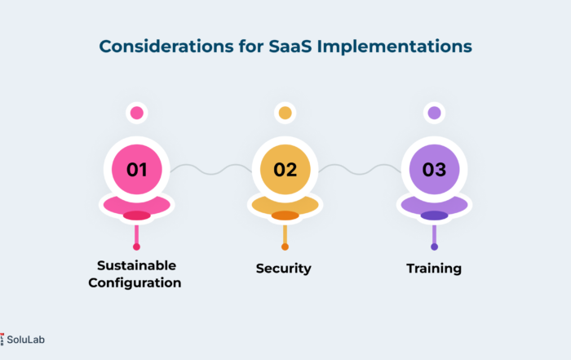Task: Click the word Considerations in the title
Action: point(166,47)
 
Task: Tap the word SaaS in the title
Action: point(290,47)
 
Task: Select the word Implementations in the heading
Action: point(394,47)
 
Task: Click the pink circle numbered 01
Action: point(137,170)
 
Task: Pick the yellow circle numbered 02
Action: point(285,170)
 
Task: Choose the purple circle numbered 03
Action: point(435,170)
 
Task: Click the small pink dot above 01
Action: point(137,113)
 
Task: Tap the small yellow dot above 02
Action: point(285,113)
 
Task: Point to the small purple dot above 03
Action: point(435,113)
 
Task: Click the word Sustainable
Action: point(136,265)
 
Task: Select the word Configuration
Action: point(135,283)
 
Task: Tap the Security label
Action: point(284,269)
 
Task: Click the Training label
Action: point(434,269)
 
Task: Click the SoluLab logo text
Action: point(25,340)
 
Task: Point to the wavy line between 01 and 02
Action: point(210,170)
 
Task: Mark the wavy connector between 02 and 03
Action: point(360,170)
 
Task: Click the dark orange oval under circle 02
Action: point(285,216)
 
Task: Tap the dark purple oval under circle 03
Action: point(435,216)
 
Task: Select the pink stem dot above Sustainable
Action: point(136,247)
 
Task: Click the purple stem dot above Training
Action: point(435,247)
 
